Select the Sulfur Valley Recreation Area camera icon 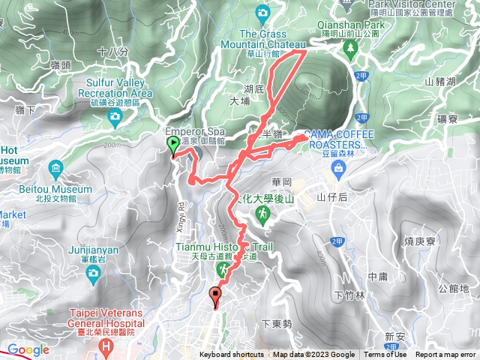click(115, 115)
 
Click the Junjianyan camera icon click(92, 273)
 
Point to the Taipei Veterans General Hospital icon click(106, 346)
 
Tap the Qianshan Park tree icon click(350, 46)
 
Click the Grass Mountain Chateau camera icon click(262, 13)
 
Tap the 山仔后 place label click(331, 197)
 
